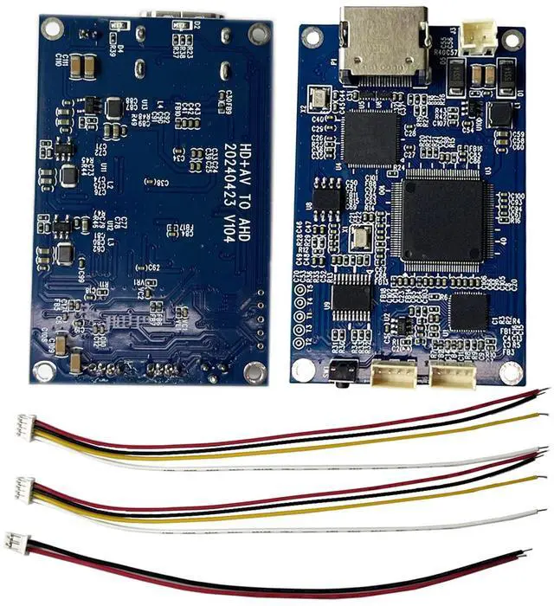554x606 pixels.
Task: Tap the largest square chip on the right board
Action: [440, 221]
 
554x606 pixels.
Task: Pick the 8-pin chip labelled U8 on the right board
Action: [326, 197]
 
